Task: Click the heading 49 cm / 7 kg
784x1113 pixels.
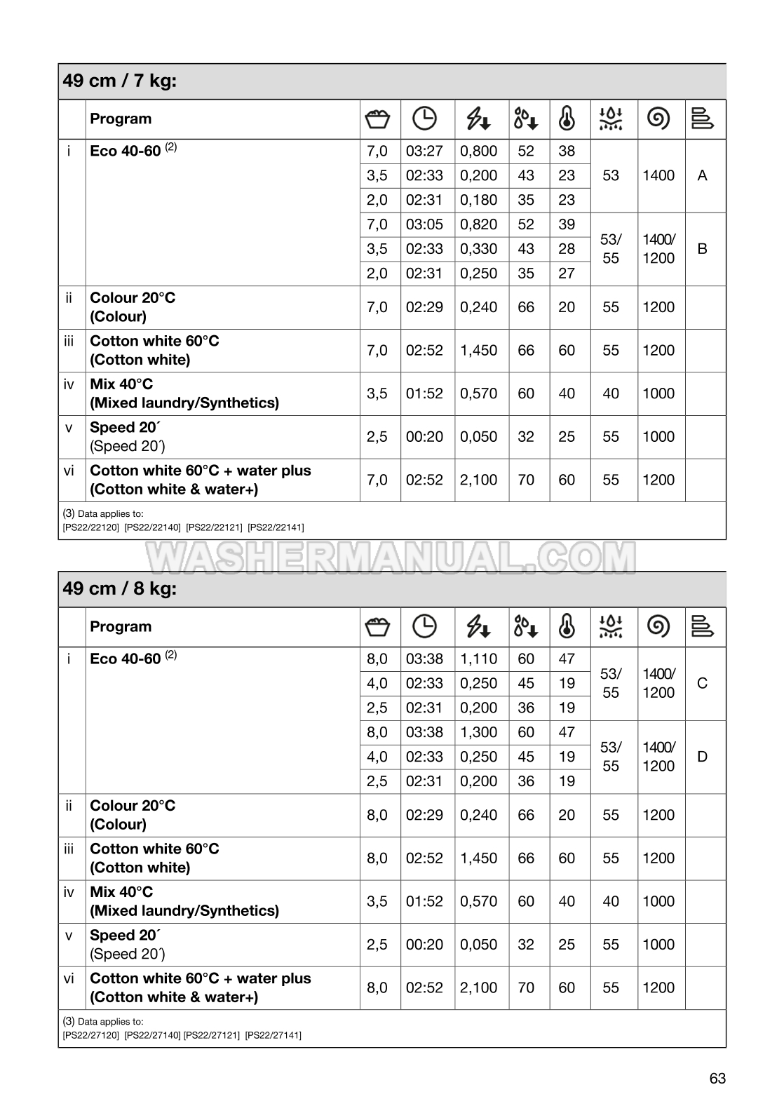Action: (x=120, y=81)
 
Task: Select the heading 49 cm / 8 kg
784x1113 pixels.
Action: (x=120, y=588)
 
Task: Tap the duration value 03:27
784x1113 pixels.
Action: (x=424, y=151)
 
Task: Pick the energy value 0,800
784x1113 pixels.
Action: (x=478, y=151)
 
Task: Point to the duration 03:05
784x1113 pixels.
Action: (x=424, y=224)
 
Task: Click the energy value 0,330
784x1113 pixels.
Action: (x=478, y=249)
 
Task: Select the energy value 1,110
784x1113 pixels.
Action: (x=478, y=659)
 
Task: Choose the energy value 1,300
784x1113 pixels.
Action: (x=478, y=732)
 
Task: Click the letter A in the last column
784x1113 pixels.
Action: (x=703, y=176)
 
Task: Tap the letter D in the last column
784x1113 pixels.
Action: (x=703, y=757)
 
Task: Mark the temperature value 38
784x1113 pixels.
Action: (x=567, y=151)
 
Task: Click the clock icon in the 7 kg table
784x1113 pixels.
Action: (x=424, y=119)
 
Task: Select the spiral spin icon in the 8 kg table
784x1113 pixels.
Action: (x=658, y=626)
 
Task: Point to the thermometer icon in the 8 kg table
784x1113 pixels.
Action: (x=567, y=626)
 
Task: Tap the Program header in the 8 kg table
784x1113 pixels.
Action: (x=121, y=627)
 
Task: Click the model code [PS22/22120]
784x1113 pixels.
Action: (x=90, y=527)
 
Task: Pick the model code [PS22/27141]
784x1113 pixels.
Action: (x=273, y=1035)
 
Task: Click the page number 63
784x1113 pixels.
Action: (x=717, y=1079)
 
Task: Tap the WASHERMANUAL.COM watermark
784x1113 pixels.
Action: (x=391, y=558)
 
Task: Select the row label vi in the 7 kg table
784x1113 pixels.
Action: (x=69, y=471)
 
